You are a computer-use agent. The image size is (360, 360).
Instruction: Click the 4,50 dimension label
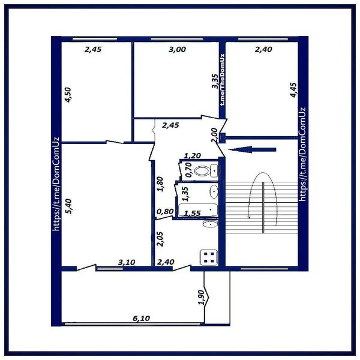point(68,95)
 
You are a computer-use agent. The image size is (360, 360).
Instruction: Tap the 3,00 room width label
point(177,49)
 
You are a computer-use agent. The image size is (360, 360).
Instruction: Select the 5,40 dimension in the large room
point(68,206)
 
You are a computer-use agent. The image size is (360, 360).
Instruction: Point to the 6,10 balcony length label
point(142,318)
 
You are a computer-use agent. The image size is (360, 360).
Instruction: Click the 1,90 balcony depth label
point(201,298)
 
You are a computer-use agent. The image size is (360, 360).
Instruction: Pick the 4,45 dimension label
point(293,90)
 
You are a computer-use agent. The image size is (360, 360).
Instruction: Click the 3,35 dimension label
point(215,81)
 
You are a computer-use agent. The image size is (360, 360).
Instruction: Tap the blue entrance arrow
point(252,149)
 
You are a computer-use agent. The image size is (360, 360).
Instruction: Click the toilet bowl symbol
point(202,171)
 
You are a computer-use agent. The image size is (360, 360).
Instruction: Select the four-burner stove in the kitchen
point(209,257)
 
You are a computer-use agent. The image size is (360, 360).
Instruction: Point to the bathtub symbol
point(198,209)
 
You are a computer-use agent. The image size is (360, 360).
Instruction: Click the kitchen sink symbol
point(210,224)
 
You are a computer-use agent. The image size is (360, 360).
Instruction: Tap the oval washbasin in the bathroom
point(214,191)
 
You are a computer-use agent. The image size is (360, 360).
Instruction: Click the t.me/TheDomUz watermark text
point(222,80)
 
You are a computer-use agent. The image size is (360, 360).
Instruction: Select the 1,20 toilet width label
point(193,155)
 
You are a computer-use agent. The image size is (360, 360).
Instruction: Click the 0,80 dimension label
point(165,211)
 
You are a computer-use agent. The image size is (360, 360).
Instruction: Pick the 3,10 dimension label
point(127,262)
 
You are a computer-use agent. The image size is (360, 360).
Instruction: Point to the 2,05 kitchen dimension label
point(160,239)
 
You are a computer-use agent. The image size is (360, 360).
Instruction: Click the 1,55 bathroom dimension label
point(193,213)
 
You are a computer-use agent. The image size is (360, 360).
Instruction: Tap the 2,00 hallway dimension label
point(214,135)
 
